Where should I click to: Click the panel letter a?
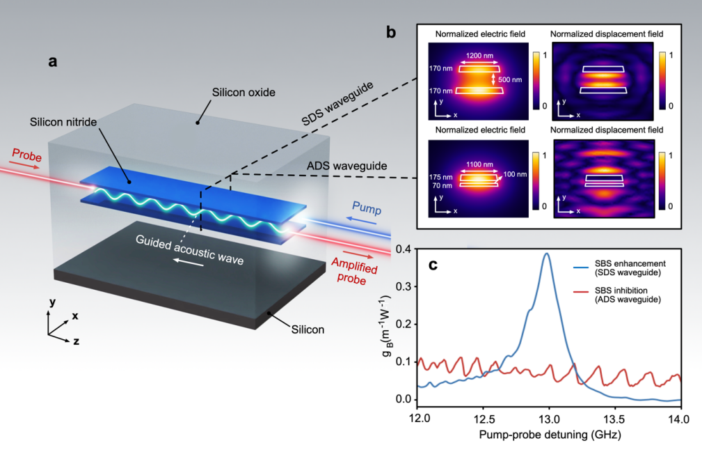[x=52, y=62]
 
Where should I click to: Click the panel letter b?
[x=392, y=32]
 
